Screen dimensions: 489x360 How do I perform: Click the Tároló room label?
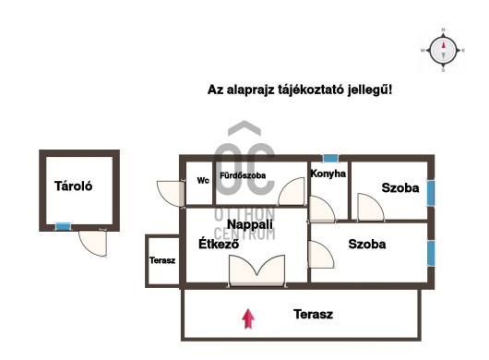click(73, 186)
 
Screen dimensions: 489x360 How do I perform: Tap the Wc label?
click(203, 180)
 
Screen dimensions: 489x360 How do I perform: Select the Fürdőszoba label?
click(243, 175)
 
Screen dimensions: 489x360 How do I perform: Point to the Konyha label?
click(328, 174)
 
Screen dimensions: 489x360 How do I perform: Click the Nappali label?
click(250, 224)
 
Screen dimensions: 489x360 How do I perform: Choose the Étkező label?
click(219, 244)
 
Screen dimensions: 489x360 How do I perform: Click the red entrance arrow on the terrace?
click(248, 318)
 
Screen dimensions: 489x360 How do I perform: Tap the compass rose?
click(443, 50)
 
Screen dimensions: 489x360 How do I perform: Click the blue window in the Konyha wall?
click(330, 159)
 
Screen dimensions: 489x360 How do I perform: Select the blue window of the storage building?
click(64, 226)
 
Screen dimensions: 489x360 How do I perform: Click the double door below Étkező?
click(256, 270)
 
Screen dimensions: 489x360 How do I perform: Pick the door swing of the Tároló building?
click(92, 244)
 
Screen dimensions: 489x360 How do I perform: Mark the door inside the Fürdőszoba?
click(291, 191)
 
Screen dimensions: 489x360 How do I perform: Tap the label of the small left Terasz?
click(162, 260)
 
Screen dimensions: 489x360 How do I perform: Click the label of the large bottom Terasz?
click(313, 314)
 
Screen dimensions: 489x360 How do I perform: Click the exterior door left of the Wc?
click(171, 194)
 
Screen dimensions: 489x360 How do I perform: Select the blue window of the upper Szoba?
click(431, 193)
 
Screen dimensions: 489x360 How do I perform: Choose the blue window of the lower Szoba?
click(431, 253)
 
